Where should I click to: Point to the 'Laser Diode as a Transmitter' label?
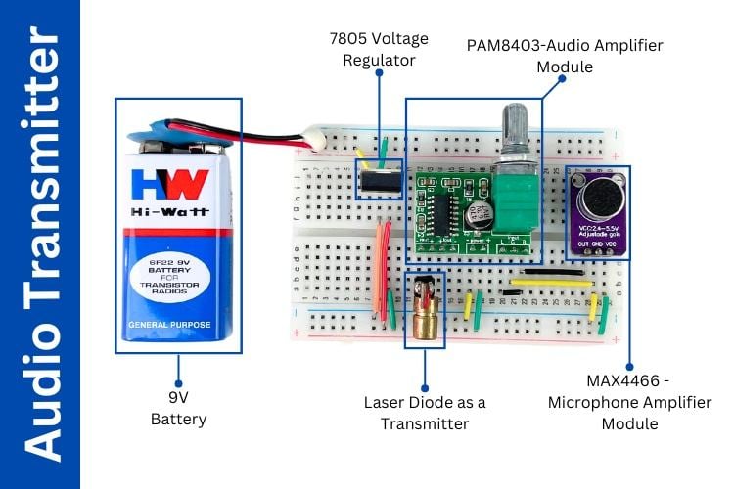(425, 413)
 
